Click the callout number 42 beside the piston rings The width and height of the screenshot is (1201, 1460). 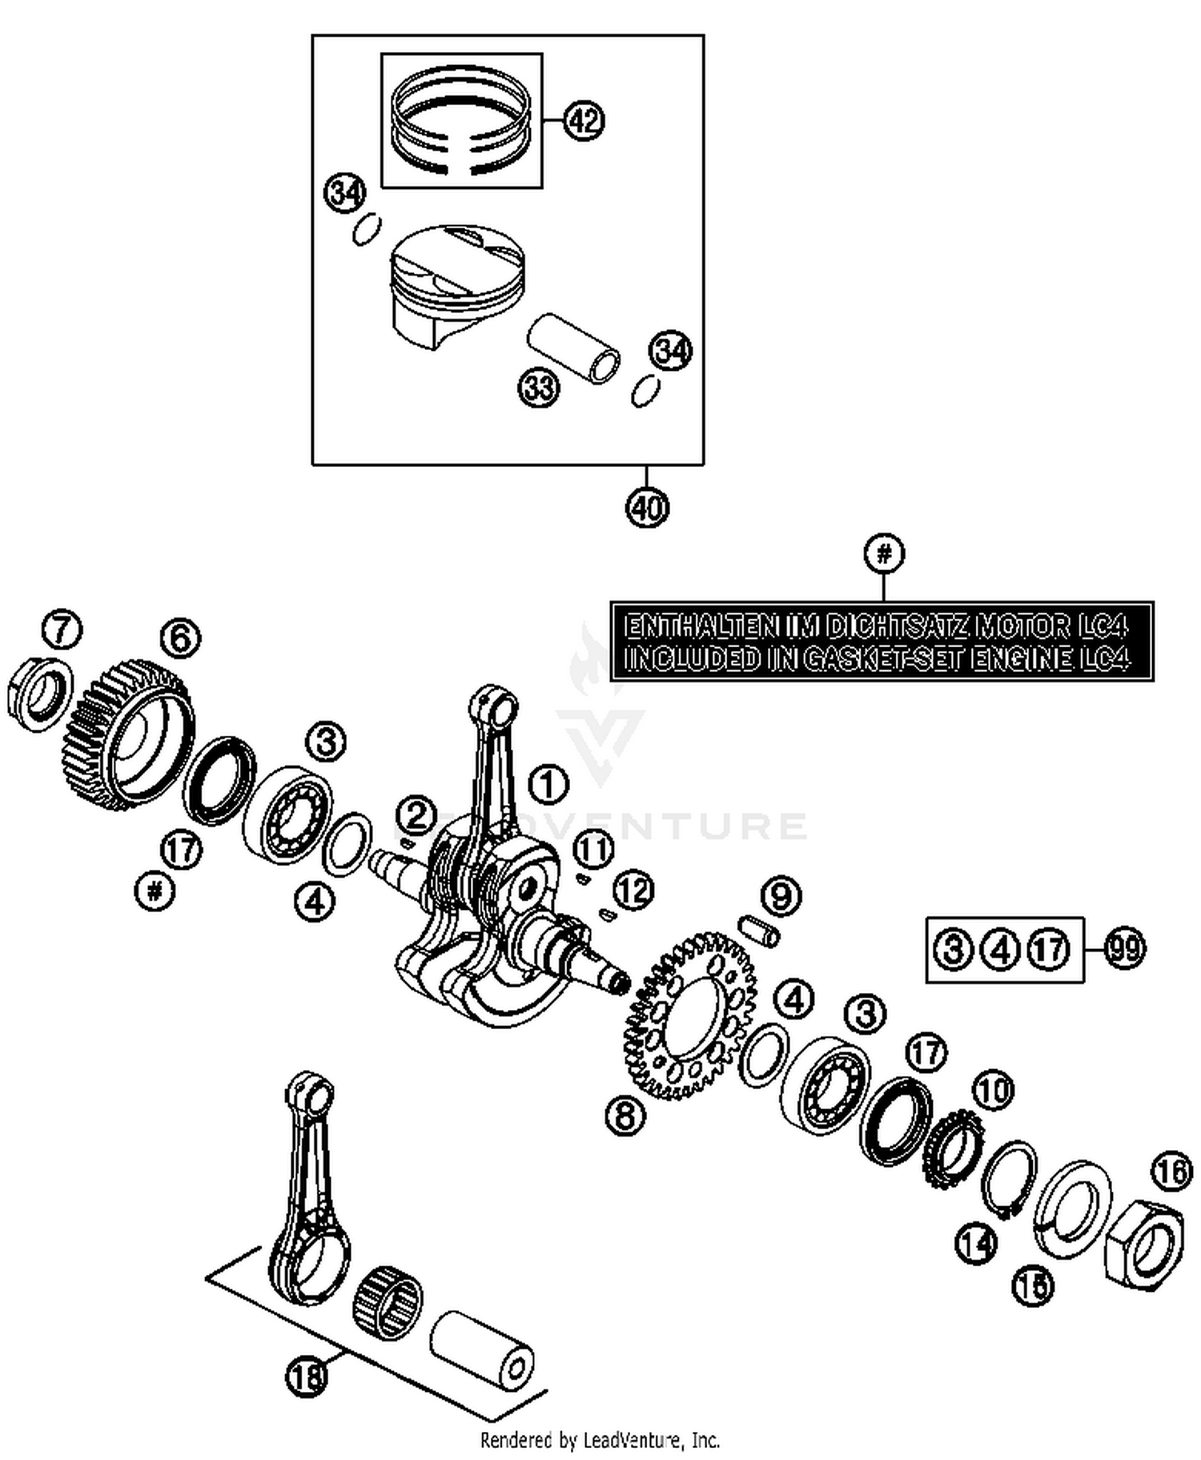(584, 121)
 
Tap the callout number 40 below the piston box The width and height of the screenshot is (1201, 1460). (647, 507)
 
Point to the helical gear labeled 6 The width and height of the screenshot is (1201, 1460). (128, 735)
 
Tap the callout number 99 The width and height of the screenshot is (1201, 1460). (1124, 949)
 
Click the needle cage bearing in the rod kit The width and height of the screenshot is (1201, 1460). (388, 1303)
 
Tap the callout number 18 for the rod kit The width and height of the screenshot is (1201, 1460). (307, 1376)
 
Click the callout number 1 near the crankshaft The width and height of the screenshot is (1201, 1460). (548, 785)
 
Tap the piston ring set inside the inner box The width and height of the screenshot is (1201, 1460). (462, 120)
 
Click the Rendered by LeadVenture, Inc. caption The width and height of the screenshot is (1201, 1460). (600, 1440)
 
